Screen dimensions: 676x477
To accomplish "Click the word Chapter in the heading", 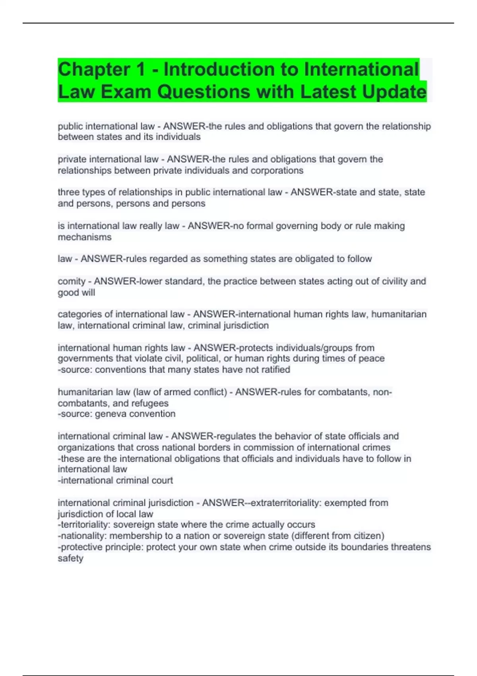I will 94,70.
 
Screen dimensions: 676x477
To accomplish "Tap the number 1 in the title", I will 140,70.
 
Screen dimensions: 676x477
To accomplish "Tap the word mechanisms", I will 85,237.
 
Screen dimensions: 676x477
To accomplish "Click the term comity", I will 72,282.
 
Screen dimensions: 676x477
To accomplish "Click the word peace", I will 372,359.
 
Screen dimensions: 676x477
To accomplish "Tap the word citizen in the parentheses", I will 366,536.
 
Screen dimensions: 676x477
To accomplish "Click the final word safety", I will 70,558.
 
